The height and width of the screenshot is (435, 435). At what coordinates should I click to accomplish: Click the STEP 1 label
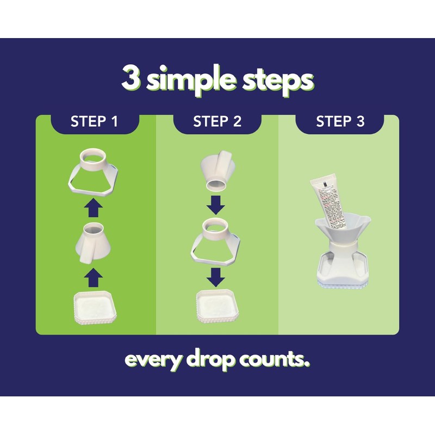coord(94,122)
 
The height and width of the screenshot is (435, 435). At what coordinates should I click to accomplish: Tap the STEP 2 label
coord(217,122)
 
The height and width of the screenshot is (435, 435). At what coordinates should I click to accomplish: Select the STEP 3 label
coord(340,122)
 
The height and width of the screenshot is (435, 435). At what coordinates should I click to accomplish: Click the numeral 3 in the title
coord(131,79)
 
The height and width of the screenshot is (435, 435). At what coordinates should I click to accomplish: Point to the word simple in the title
coord(191,80)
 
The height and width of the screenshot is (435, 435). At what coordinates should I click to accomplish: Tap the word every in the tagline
coord(153,360)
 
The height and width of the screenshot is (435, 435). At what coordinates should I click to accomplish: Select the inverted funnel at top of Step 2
coord(217,171)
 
